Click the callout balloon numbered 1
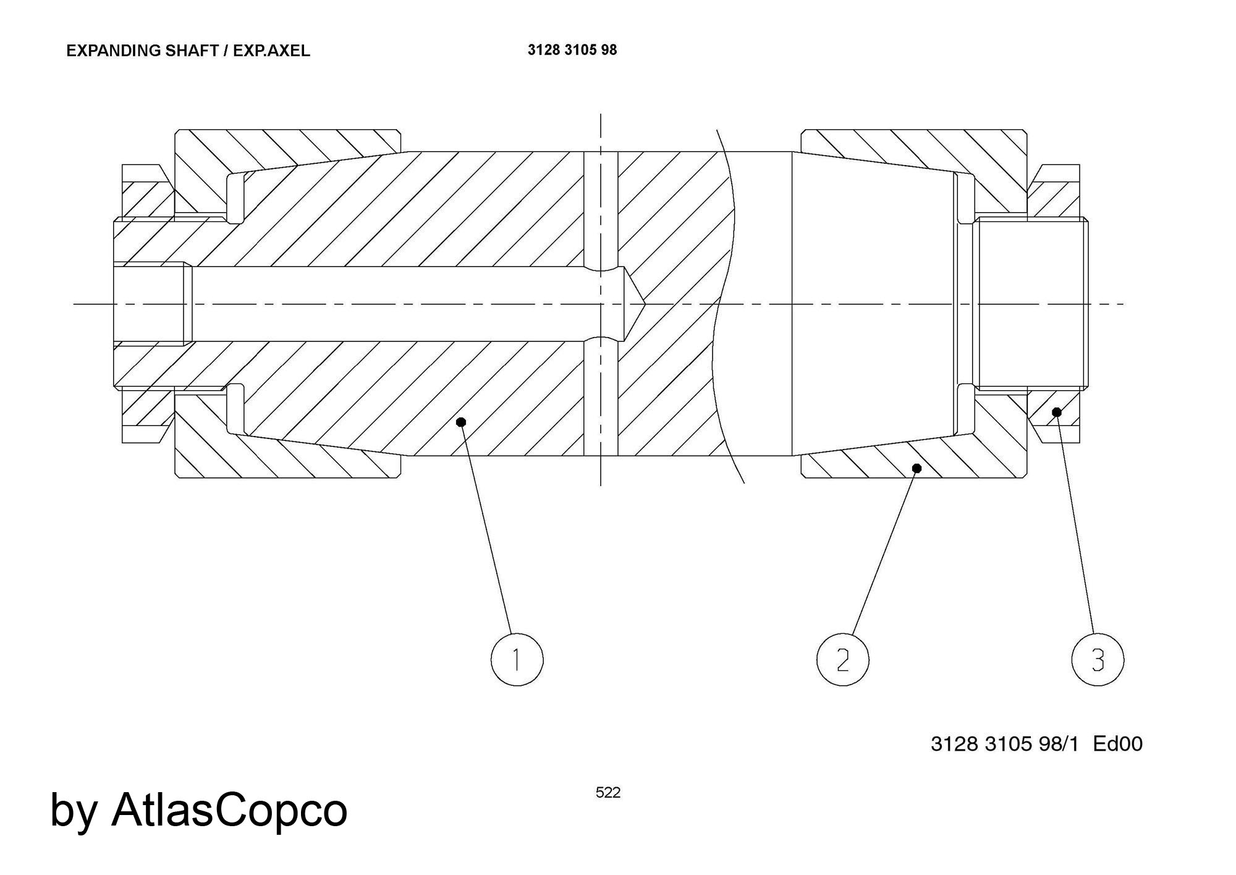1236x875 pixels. (x=517, y=659)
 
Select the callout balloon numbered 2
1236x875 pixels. (x=842, y=660)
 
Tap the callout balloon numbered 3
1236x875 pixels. (x=1098, y=660)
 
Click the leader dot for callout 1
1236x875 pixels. (x=460, y=422)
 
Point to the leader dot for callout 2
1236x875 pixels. (x=917, y=469)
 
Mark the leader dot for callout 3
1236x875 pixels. (x=1057, y=412)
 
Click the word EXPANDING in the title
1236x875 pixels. (x=114, y=51)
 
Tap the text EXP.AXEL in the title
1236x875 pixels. (x=271, y=51)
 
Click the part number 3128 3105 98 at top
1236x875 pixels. (x=572, y=50)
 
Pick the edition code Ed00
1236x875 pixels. (x=1117, y=743)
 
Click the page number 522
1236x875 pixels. (x=608, y=793)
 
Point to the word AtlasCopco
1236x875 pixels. (x=229, y=809)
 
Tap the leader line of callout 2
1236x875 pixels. (x=884, y=553)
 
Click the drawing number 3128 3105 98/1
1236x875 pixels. (x=1004, y=743)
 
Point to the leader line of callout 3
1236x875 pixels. (x=1075, y=523)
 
